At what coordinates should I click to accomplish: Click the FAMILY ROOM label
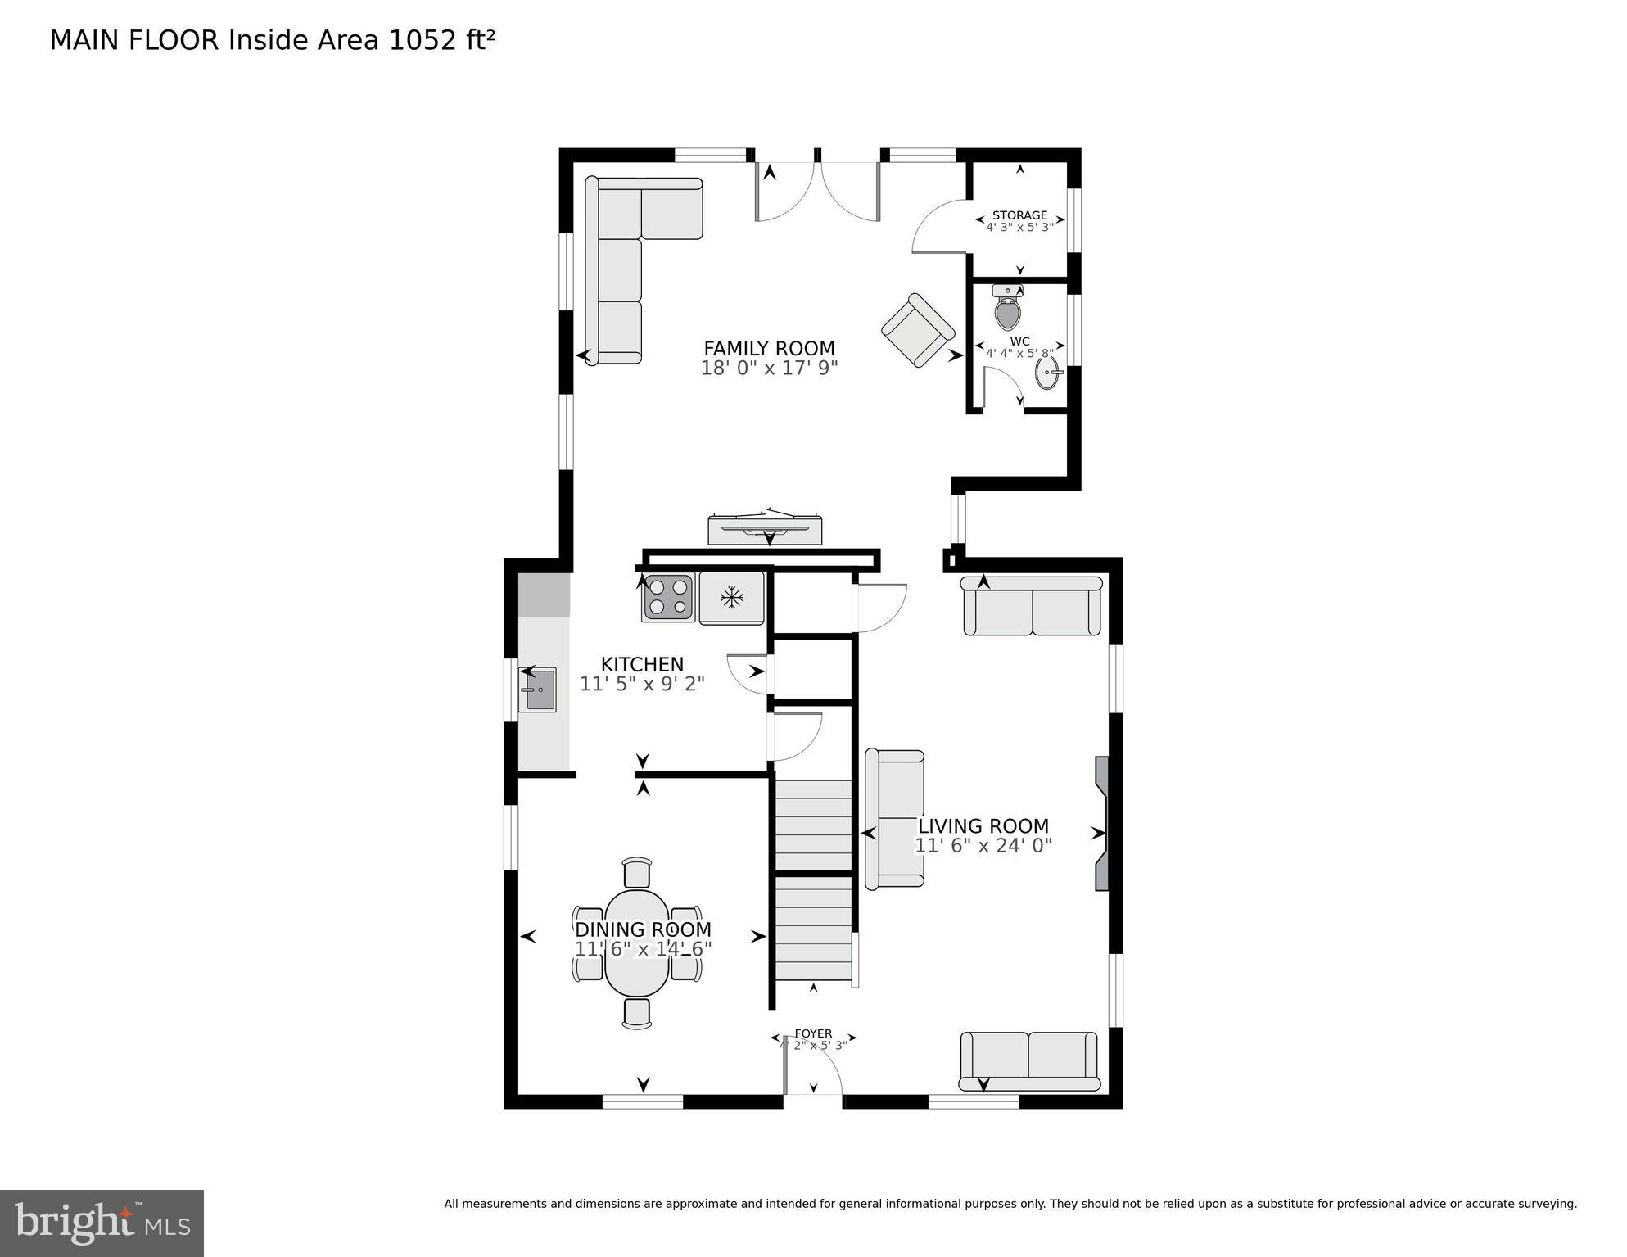[x=769, y=349]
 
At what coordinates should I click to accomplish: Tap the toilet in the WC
[x=1007, y=310]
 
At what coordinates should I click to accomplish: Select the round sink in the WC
[x=1047, y=373]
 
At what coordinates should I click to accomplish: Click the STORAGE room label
[x=1019, y=215]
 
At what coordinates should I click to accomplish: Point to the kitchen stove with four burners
[x=667, y=598]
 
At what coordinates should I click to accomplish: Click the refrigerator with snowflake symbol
[x=731, y=598]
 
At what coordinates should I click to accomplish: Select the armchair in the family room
[x=918, y=330]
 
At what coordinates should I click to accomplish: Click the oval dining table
[x=637, y=943]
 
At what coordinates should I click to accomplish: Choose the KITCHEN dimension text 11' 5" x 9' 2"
[x=642, y=684]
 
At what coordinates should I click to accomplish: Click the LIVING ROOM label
[x=983, y=826]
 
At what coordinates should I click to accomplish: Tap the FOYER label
[x=813, y=1033]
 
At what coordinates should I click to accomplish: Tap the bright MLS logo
[x=102, y=1223]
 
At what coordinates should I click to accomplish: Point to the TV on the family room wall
[x=765, y=529]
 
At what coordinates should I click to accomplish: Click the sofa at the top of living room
[x=1032, y=607]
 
